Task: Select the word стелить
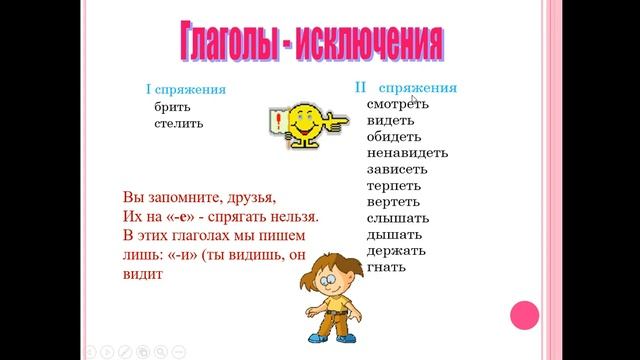[x=179, y=123]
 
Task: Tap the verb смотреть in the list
[x=398, y=104]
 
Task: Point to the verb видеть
[x=391, y=120]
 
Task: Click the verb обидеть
[x=394, y=136]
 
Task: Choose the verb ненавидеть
[x=407, y=153]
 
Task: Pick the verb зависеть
[x=396, y=169]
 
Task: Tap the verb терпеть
[x=394, y=186]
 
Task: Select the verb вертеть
[x=394, y=202]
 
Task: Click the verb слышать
[x=398, y=218]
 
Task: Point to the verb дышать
[x=394, y=235]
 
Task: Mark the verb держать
[x=397, y=251]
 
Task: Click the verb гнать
[x=386, y=268]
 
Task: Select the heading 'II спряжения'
[x=406, y=87]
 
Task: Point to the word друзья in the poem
[x=240, y=197]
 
